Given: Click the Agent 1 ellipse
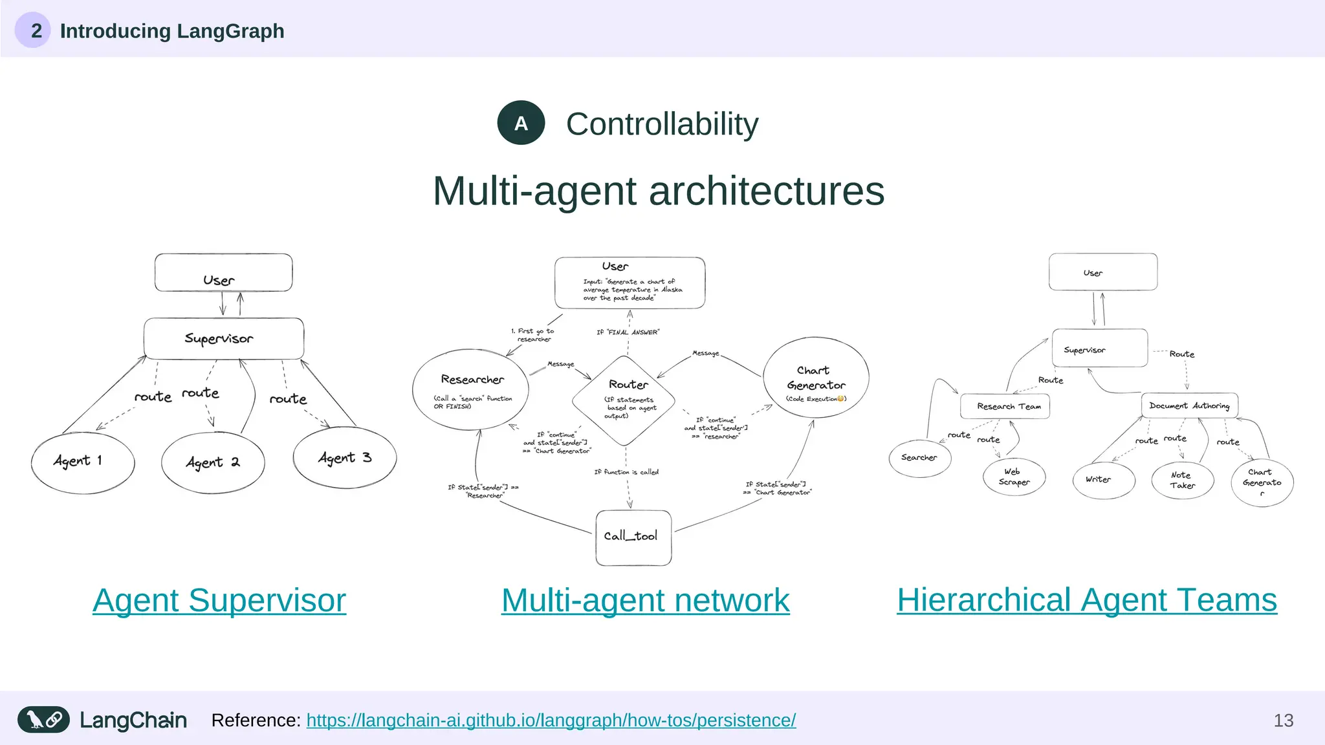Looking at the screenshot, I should point(83,462).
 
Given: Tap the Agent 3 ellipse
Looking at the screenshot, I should point(344,458).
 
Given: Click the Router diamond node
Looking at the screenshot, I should point(624,401).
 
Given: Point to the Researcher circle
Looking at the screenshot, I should point(470,389).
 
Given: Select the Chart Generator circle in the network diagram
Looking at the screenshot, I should point(816,378).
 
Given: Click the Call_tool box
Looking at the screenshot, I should point(633,537).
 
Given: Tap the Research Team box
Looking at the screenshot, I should point(1005,407).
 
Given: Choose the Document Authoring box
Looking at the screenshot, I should point(1189,405).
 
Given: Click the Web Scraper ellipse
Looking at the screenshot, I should point(1014,477).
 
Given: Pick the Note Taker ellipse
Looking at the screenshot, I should point(1182,480).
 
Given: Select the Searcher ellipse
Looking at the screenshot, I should point(919,458).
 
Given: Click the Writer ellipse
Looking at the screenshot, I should point(1103,480).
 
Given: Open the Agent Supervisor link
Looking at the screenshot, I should point(219,601).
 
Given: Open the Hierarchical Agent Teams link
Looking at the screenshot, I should point(1086,600).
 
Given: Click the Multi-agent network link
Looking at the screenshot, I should point(645,601).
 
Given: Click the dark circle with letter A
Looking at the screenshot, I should point(521,123).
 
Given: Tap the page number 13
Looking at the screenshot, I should point(1283,720).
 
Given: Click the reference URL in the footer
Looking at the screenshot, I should point(551,720).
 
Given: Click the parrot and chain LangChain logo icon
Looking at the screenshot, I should point(43,720).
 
